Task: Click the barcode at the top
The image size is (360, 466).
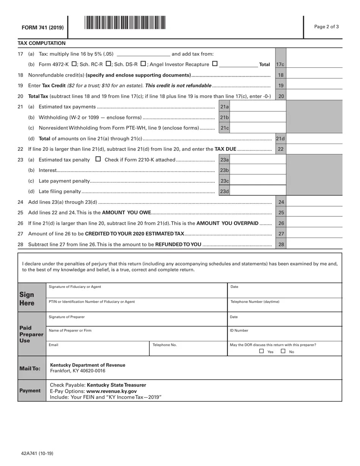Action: (125, 23)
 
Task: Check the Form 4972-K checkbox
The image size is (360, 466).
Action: (74, 64)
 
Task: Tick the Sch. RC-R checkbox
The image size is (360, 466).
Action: (108, 64)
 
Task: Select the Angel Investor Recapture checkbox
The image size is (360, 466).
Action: (215, 64)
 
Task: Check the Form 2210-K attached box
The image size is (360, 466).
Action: (98, 159)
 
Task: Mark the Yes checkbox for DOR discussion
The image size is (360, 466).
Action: (261, 351)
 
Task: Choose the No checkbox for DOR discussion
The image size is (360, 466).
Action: (283, 351)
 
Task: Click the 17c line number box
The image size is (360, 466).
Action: (280, 65)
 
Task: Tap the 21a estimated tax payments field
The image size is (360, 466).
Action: (258, 107)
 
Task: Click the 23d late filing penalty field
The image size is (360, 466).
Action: (258, 191)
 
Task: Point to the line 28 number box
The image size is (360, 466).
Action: (281, 244)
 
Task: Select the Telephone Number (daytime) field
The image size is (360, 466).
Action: (284, 306)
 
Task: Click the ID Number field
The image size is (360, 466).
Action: (284, 335)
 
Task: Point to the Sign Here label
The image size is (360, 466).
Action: (27, 299)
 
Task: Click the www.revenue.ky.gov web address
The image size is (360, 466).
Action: (111, 391)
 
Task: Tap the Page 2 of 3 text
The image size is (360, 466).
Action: (326, 27)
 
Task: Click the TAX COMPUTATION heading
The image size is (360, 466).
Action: (42, 43)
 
